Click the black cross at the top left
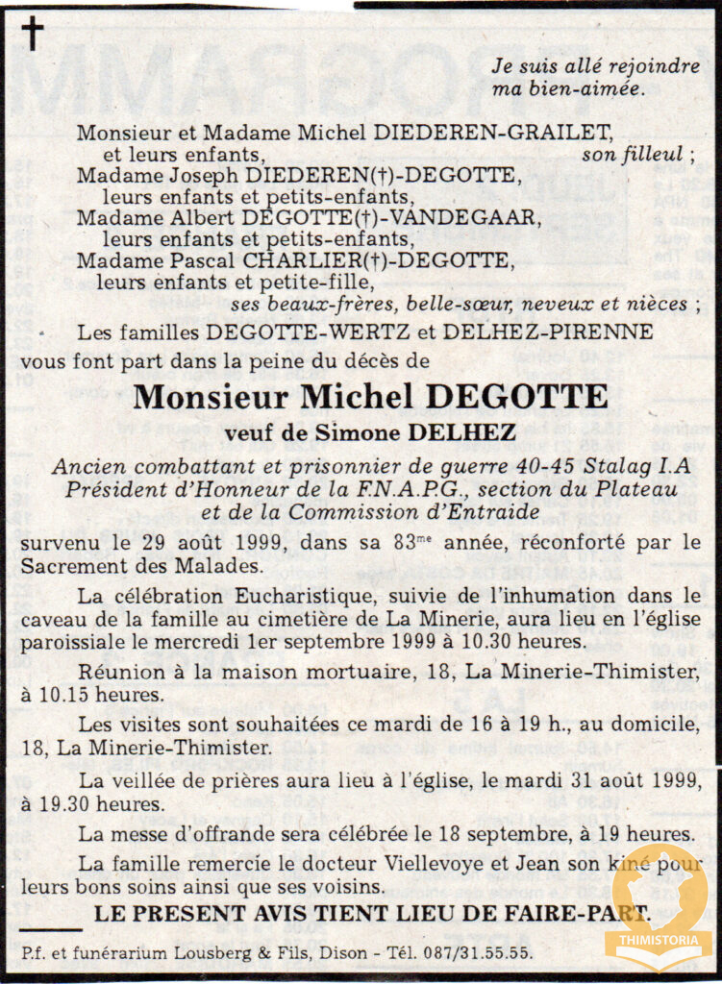click(x=33, y=34)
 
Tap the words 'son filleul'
click(x=635, y=154)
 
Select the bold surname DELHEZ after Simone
click(x=461, y=433)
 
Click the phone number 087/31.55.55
click(x=482, y=953)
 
